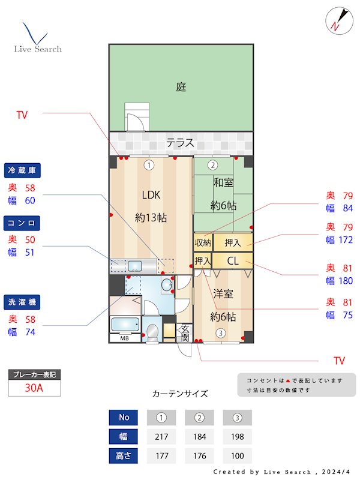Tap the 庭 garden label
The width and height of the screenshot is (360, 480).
tap(181, 87)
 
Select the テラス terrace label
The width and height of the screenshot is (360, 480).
tap(180, 143)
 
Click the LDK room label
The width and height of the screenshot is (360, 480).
tap(151, 194)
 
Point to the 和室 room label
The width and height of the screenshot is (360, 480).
tap(223, 182)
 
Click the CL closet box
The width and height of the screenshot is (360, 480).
tap(233, 261)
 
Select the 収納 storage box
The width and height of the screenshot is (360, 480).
tap(203, 242)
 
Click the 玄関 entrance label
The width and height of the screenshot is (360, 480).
tap(185, 333)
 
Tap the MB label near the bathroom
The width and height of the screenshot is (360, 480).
tap(124, 338)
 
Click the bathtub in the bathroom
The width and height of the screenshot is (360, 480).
tap(126, 325)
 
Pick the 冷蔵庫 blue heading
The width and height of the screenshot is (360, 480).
tap(22, 171)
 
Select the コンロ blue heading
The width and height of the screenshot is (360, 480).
tap(22, 223)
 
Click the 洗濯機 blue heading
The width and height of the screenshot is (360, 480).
tap(22, 302)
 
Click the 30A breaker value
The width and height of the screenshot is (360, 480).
tap(34, 388)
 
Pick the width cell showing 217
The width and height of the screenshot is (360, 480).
tap(161, 436)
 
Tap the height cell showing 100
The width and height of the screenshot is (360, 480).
tap(237, 455)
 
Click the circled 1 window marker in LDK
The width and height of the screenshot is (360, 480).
tap(149, 165)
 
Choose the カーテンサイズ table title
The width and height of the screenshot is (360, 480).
tap(180, 394)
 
